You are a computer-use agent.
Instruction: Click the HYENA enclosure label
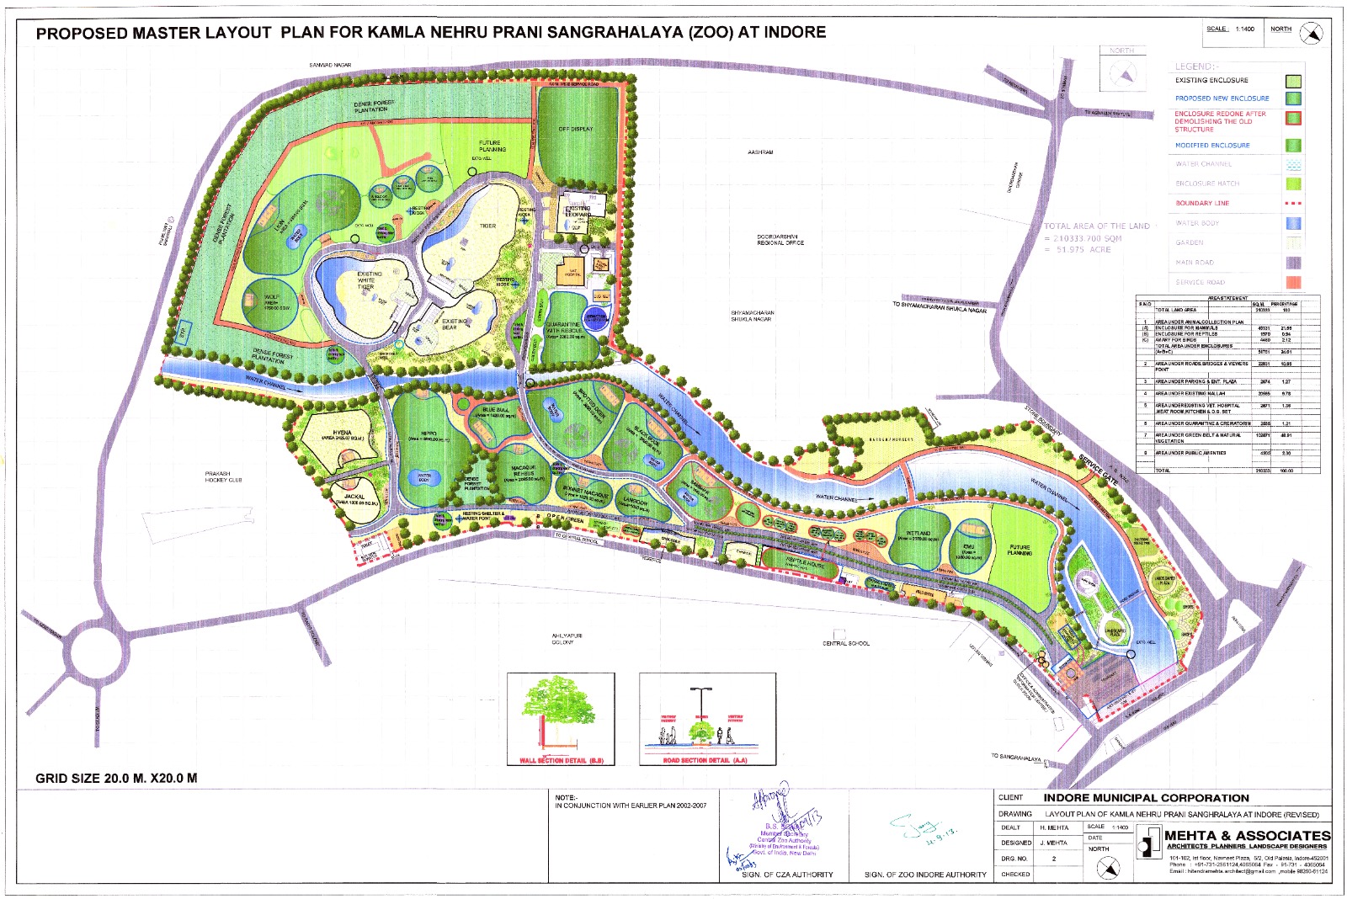coord(342,433)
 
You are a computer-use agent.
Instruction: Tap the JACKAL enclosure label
coord(354,497)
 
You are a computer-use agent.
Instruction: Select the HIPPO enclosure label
coord(428,434)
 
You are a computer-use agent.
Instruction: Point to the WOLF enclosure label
coord(271,297)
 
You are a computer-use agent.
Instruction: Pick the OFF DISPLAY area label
coord(576,130)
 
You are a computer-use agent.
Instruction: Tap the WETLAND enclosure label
coord(918,534)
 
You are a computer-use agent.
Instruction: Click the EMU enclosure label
coord(969,547)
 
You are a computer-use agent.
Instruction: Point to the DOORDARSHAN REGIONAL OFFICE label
coord(780,240)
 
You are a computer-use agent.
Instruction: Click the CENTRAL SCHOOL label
coord(846,643)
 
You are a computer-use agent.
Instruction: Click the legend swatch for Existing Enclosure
coord(1292,81)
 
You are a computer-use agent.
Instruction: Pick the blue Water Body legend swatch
coord(1292,223)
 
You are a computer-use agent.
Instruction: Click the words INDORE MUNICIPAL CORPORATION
coord(1146,798)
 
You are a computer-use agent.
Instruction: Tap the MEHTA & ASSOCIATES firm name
coord(1247,835)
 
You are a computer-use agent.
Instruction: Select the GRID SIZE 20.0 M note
coord(116,778)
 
